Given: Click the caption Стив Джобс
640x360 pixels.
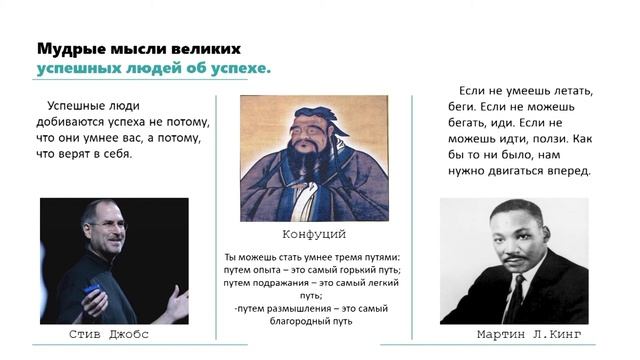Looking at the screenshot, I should pyautogui.click(x=113, y=334).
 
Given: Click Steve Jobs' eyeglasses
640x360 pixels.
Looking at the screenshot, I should pyautogui.click(x=107, y=226).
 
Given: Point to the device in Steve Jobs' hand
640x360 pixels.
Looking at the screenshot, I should pyautogui.click(x=92, y=291).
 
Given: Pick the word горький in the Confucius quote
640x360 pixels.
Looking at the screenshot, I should pyautogui.click(x=365, y=270).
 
